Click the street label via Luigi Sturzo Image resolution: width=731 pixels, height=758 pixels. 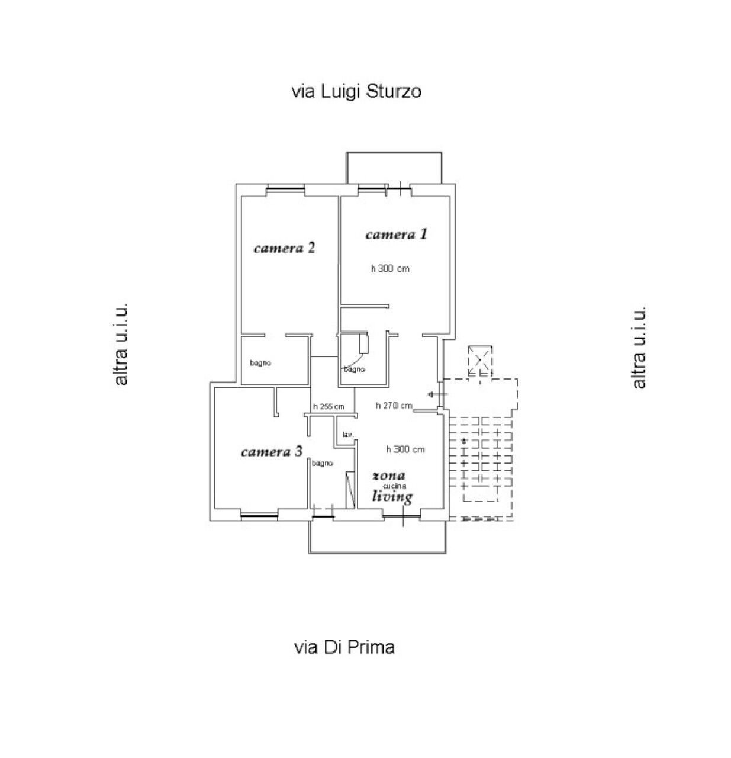pyautogui.click(x=356, y=92)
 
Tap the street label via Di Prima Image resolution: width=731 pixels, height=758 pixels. pyautogui.click(x=344, y=647)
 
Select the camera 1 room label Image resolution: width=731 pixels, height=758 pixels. pyautogui.click(x=396, y=234)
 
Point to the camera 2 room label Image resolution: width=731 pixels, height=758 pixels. pyautogui.click(x=284, y=248)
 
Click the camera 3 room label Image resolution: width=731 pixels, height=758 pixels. pyautogui.click(x=271, y=451)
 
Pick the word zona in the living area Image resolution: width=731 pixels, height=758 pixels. pyautogui.click(x=388, y=476)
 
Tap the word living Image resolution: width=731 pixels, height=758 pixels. pyautogui.click(x=392, y=497)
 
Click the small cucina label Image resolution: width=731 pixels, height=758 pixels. pyautogui.click(x=394, y=486)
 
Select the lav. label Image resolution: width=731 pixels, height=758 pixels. pyautogui.click(x=348, y=434)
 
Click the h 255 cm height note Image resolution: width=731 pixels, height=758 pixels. pyautogui.click(x=329, y=407)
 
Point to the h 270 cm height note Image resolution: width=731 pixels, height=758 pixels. pyautogui.click(x=394, y=406)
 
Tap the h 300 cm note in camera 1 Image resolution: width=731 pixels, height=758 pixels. pyautogui.click(x=389, y=268)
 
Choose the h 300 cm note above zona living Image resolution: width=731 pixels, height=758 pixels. pyautogui.click(x=405, y=449)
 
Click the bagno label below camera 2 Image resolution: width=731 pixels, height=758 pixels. pyautogui.click(x=260, y=363)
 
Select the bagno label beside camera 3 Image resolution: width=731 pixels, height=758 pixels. pyautogui.click(x=322, y=463)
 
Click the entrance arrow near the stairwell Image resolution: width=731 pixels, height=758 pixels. pyautogui.click(x=437, y=394)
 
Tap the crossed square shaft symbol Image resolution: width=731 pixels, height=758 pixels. pyautogui.click(x=479, y=361)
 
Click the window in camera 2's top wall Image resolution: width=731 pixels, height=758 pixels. pyautogui.click(x=285, y=189)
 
